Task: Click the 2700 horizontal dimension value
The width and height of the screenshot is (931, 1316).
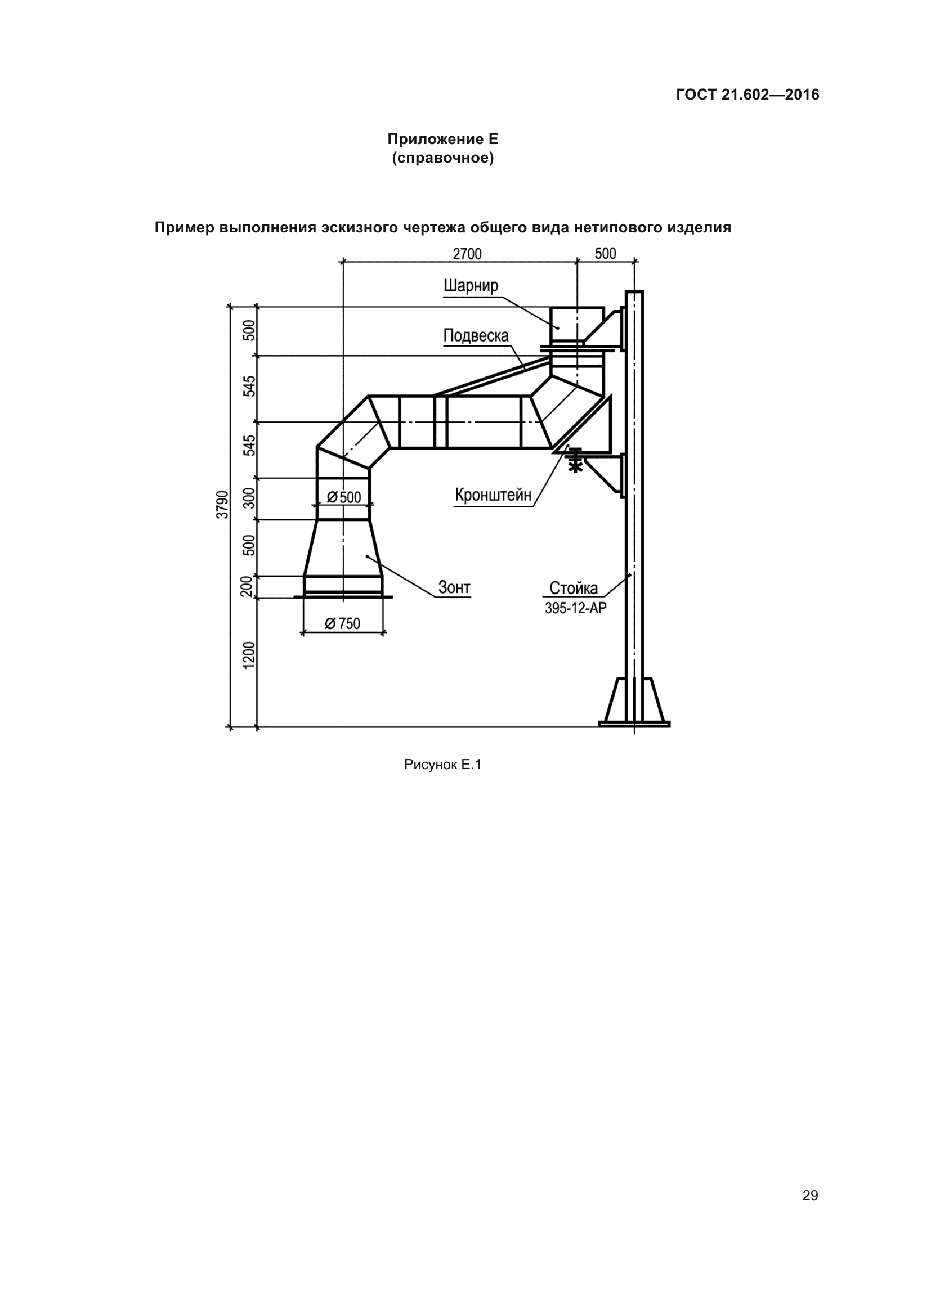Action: [467, 253]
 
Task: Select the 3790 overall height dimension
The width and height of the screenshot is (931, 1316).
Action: [222, 504]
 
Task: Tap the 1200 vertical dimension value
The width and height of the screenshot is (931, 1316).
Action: [249, 655]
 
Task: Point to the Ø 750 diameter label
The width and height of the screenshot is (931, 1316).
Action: [342, 623]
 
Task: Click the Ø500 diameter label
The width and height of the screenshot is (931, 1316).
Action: [344, 497]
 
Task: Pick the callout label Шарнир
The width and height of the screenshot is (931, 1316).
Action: [471, 285]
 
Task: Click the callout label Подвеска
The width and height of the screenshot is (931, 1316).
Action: [476, 335]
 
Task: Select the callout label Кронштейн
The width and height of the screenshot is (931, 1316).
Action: [493, 495]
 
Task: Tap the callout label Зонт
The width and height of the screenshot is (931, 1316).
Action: [454, 587]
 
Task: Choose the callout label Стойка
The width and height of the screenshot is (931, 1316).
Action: [573, 588]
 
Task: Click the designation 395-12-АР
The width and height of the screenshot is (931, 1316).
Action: [575, 608]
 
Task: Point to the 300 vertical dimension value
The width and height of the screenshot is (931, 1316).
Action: [249, 499]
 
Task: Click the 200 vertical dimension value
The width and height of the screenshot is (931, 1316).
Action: [247, 586]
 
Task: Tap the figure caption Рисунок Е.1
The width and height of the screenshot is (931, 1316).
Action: [442, 765]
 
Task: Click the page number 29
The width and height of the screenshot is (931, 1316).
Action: [810, 1195]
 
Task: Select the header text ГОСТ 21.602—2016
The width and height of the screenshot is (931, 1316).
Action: [748, 95]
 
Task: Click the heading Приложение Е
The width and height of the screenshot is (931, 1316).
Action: [442, 140]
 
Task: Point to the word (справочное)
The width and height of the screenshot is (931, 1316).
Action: [442, 158]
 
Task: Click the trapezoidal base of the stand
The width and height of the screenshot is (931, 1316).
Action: [634, 702]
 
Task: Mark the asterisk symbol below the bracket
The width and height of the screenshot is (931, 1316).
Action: [575, 467]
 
